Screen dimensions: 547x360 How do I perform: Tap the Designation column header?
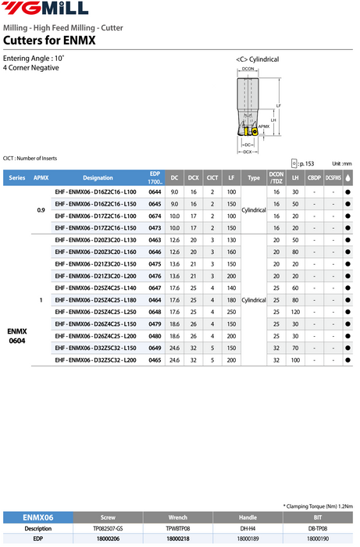coord(98,177)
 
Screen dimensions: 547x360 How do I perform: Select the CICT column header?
coord(212,177)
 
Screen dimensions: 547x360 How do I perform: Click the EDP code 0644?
coord(155,191)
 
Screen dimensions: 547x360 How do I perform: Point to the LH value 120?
coord(295,312)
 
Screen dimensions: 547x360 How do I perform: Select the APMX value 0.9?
coord(41,209)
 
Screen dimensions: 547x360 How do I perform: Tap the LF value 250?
coord(231,312)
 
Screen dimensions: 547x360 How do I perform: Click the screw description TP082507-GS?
coord(108,528)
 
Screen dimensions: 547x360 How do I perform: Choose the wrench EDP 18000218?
coord(177,538)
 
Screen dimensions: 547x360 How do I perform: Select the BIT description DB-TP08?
coord(316,528)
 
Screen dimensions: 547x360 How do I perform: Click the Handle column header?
coord(247,517)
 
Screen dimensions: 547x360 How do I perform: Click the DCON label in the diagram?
coord(248,70)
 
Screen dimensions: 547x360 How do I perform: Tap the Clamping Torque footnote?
coord(317,506)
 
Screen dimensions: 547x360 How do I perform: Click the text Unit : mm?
coord(342,163)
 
